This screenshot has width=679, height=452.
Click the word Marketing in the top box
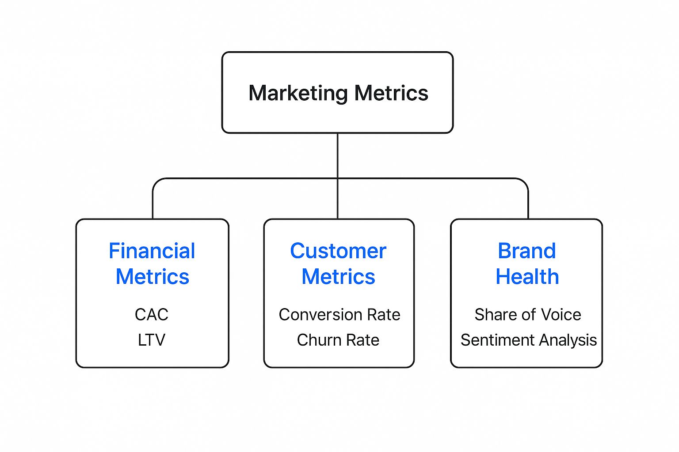click(x=298, y=94)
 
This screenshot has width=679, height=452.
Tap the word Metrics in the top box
click(x=391, y=94)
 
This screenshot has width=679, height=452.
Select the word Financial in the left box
click(x=152, y=251)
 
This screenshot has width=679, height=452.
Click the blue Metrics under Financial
click(x=153, y=277)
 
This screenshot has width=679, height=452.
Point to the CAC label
click(x=152, y=315)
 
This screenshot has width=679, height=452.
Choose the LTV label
click(x=152, y=340)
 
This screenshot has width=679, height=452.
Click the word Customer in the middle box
click(x=338, y=251)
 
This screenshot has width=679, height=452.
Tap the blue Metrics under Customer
click(x=338, y=277)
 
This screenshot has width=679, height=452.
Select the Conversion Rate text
click(x=339, y=315)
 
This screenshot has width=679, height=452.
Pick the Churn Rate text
click(x=338, y=340)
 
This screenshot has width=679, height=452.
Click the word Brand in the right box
click(x=526, y=251)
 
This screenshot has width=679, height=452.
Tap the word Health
click(x=527, y=277)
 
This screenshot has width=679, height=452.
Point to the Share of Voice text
click(x=528, y=315)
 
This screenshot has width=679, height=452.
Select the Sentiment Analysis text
click(x=529, y=340)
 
